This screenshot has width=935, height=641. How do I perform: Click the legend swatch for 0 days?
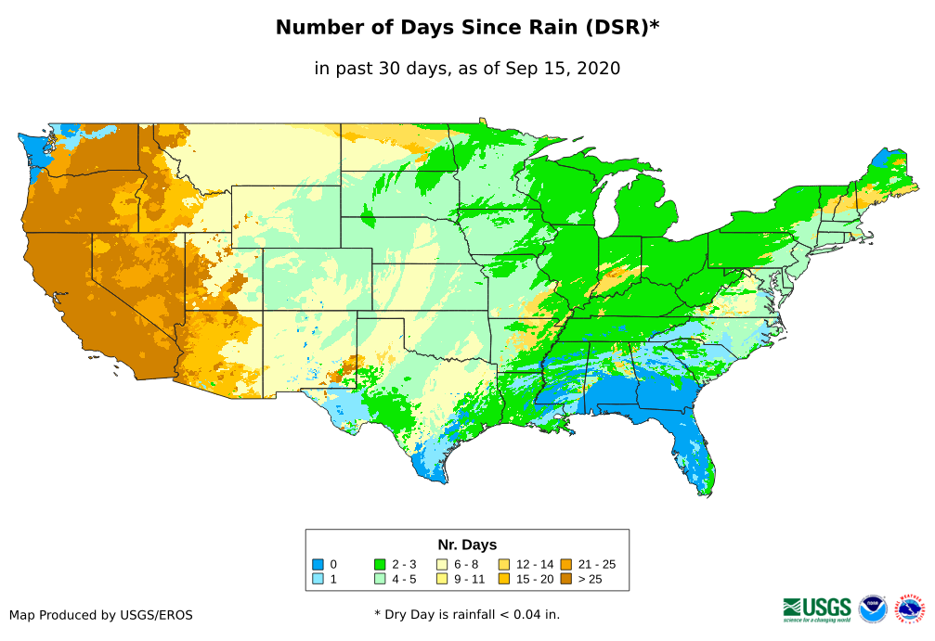tap(318, 564)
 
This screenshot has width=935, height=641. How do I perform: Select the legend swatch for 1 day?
tap(318, 579)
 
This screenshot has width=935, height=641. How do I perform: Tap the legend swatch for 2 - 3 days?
tap(380, 564)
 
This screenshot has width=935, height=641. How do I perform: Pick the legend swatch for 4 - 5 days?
tap(380, 579)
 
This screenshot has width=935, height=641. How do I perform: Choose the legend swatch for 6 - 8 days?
tap(442, 564)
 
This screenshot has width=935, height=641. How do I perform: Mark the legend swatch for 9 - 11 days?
tap(442, 579)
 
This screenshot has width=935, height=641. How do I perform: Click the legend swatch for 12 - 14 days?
tap(504, 564)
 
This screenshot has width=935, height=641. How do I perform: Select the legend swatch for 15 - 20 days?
tap(504, 579)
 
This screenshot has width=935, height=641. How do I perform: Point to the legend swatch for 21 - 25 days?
tap(565, 564)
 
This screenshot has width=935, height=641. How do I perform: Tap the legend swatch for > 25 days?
tap(565, 579)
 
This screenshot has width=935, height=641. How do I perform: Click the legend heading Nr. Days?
tap(467, 545)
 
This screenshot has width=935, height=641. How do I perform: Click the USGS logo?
tap(817, 608)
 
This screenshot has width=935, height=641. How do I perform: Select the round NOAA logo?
tap(873, 609)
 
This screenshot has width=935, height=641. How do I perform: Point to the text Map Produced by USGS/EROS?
tap(101, 615)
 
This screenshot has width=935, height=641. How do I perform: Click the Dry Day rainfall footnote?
tap(467, 614)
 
